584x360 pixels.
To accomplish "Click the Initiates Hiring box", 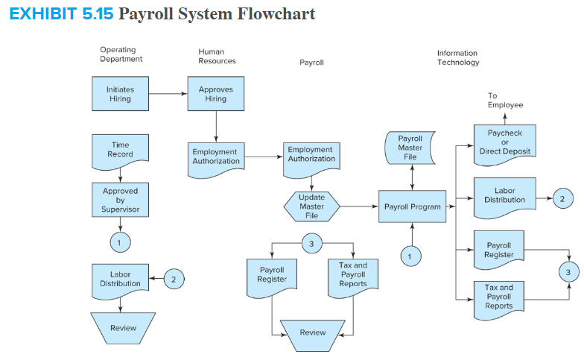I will coord(120,94).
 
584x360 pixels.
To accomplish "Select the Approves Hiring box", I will coord(215,94).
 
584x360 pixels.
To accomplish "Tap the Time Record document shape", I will coord(120,150).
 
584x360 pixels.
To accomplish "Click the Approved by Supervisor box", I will coord(120,200).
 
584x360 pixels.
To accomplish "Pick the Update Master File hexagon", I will coord(311,206).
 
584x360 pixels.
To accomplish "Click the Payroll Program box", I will coord(412,206).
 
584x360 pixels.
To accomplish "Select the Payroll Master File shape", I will coord(410,148).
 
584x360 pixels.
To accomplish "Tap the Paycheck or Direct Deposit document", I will coord(504,142).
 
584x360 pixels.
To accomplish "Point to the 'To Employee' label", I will coord(505,101).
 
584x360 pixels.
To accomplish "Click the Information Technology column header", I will coord(457,58).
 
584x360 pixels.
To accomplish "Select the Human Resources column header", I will coord(217,57).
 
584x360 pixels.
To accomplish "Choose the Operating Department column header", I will coord(121,54).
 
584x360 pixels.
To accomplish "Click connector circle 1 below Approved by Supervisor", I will coord(120,242).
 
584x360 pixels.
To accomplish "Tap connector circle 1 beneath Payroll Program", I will coord(409,256).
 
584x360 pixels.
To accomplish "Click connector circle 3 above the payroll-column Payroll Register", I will coord(311,243).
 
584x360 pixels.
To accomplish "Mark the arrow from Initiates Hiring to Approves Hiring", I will coord(167,94).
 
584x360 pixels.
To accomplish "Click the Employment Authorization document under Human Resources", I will coord(215,157).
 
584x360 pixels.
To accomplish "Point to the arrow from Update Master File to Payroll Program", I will coord(359,206).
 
